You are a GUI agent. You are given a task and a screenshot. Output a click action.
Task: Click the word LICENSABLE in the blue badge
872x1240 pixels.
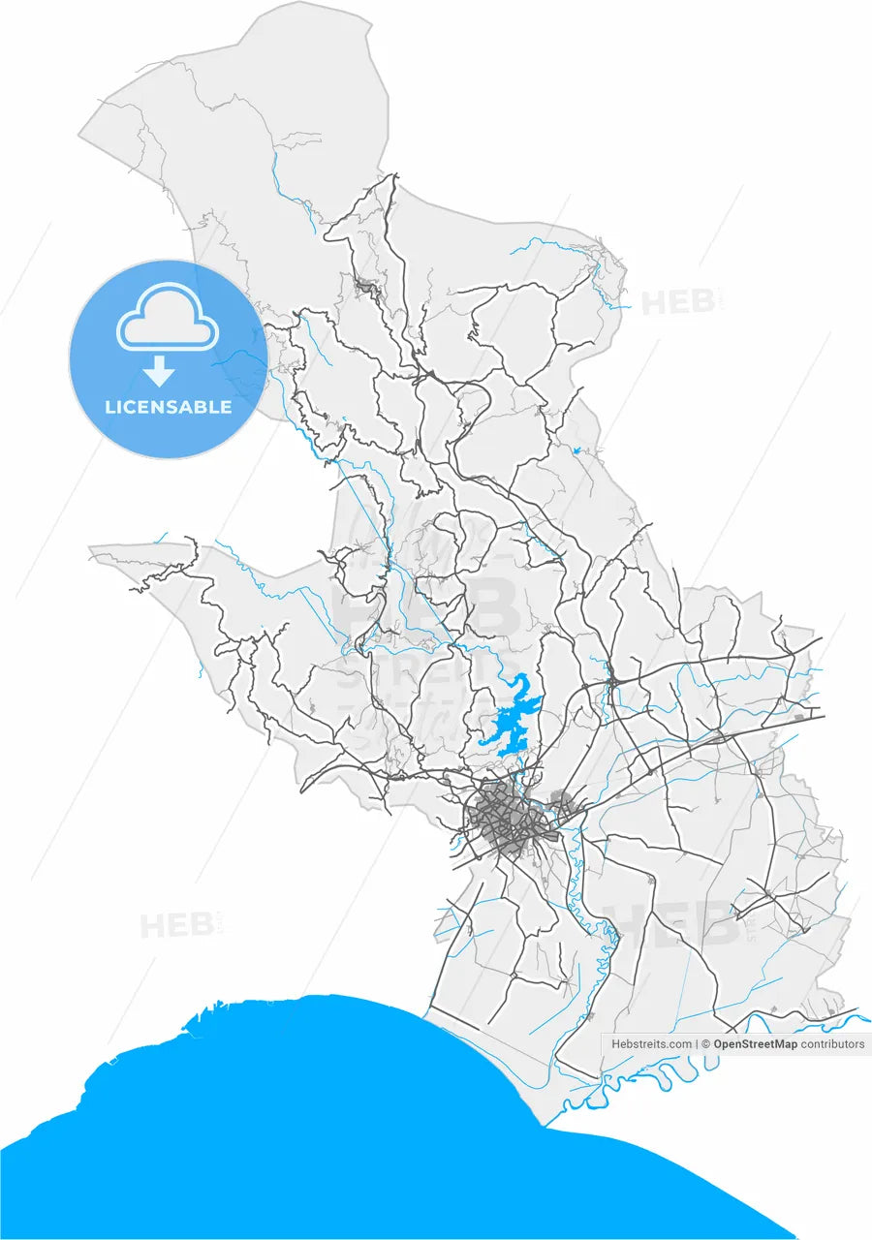pos(169,407)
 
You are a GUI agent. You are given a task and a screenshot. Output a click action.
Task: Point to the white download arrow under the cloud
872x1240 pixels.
pos(160,371)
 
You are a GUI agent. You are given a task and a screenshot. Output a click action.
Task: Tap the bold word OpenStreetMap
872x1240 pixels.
pos(756,1044)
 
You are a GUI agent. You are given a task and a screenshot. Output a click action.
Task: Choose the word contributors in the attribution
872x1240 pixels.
pos(832,1044)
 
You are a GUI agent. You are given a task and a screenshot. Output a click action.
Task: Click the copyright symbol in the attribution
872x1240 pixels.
pos(706,1044)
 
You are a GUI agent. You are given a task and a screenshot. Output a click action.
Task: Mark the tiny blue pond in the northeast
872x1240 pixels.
pos(577,450)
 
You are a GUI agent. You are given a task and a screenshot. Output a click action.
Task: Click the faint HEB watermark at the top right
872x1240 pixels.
pos(678,302)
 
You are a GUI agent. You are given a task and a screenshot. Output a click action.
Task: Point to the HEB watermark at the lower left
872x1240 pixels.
pos(176,926)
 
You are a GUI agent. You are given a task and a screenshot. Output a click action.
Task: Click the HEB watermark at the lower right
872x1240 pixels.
pos(678,925)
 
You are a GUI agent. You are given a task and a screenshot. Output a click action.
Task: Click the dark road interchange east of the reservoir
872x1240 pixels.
pos(612,683)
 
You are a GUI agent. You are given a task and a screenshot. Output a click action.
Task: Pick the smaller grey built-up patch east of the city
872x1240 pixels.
pos(561,800)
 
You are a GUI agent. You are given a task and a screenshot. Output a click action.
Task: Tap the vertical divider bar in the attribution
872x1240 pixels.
pos(698,1044)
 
